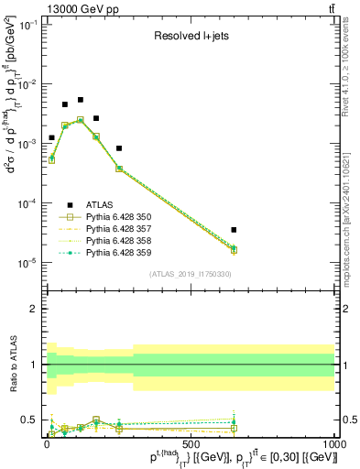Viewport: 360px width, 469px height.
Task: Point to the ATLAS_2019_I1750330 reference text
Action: (x=190, y=274)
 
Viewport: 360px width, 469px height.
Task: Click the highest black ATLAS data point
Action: (x=81, y=100)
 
